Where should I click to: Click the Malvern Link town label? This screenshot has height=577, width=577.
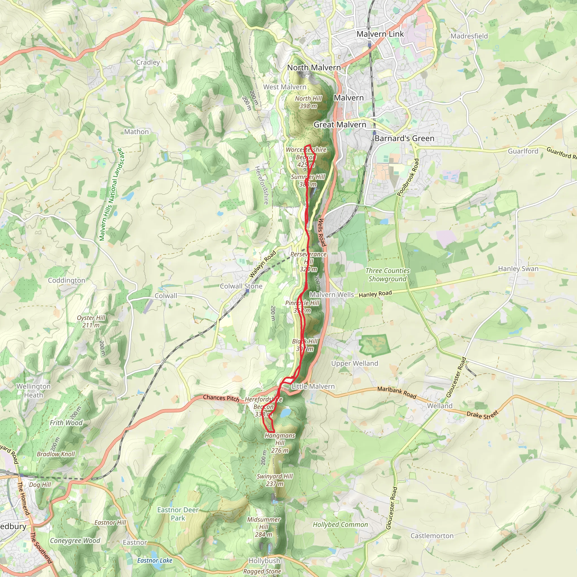click(x=380, y=34)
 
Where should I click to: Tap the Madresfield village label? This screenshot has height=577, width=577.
click(x=469, y=36)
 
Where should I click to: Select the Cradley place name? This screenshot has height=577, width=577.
click(x=148, y=63)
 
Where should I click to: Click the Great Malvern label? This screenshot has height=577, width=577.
click(x=339, y=125)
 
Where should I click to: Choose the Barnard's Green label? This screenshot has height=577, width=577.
click(x=404, y=139)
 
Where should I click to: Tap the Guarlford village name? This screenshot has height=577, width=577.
click(x=523, y=151)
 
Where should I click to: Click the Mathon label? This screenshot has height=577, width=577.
click(x=136, y=132)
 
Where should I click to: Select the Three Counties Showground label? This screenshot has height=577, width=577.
click(x=387, y=275)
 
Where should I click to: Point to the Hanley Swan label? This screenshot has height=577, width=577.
click(x=518, y=269)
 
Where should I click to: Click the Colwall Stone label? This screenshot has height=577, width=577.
click(x=241, y=286)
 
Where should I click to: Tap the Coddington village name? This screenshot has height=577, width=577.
click(x=66, y=280)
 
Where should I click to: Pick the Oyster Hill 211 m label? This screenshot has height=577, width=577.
click(x=91, y=321)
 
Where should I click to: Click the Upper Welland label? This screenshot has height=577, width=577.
click(x=354, y=363)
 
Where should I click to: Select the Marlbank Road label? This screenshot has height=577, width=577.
click(x=397, y=392)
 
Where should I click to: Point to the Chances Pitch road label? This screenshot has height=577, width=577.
click(x=221, y=398)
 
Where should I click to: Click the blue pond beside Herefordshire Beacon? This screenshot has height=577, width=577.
click(x=285, y=413)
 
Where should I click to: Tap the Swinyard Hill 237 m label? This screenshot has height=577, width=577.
click(x=275, y=480)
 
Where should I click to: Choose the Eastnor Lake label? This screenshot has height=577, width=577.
click(x=155, y=561)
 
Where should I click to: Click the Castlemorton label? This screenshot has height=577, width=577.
click(x=432, y=536)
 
